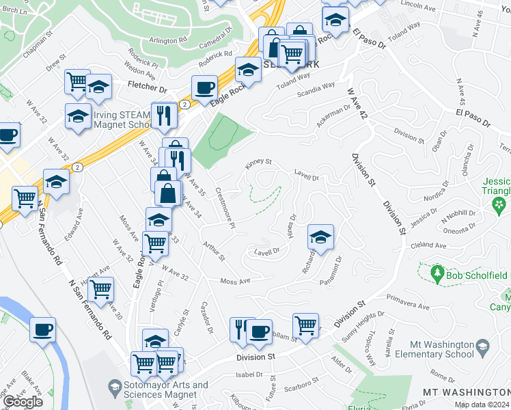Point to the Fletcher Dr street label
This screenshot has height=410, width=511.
click(x=148, y=89)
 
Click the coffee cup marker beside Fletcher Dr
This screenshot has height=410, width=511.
click(x=204, y=87)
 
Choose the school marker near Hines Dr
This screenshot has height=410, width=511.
click(x=320, y=237)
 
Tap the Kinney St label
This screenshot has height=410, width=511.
click(x=259, y=163)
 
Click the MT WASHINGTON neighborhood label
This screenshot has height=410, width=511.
click(x=466, y=392)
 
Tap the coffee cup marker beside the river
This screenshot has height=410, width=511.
click(x=42, y=331)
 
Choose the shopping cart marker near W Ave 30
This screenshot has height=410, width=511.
click(x=100, y=290)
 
